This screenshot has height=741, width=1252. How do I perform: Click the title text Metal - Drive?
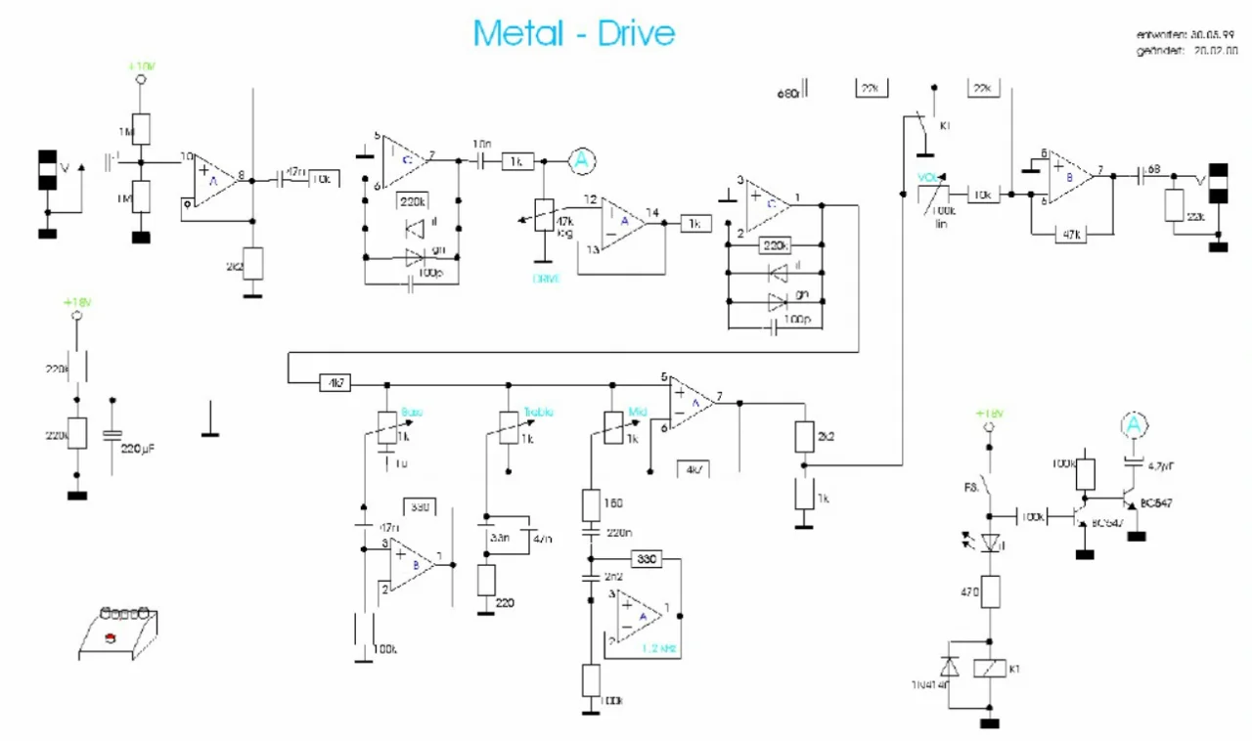coord(574,33)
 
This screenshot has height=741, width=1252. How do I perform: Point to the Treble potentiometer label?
coord(539,412)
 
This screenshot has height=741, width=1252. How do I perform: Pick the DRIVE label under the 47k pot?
coord(546,279)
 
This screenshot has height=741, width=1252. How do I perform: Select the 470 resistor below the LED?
coord(991,590)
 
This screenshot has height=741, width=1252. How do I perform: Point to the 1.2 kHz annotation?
coord(660,648)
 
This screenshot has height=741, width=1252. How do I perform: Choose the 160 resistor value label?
coord(614,502)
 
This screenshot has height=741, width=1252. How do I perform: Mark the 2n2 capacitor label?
coord(614,577)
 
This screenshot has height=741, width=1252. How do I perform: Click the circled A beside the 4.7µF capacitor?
coord(1132,425)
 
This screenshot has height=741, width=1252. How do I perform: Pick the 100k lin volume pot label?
coord(943,216)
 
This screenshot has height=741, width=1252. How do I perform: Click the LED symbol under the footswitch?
coord(991,541)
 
